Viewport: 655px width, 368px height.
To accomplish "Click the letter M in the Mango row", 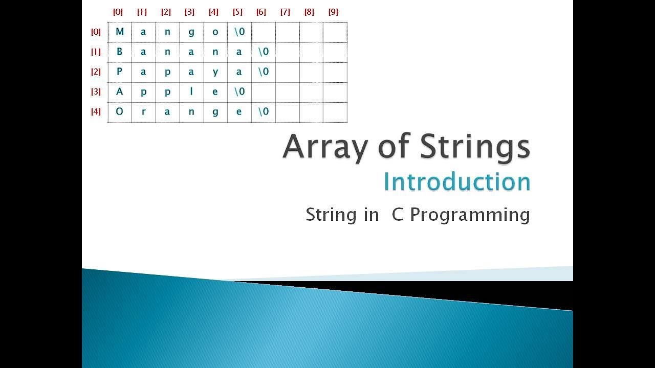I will (120, 32).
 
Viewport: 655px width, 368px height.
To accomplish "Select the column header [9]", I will (333, 12).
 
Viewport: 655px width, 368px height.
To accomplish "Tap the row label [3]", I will (96, 92).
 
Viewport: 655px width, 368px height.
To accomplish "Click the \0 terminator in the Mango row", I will (239, 32).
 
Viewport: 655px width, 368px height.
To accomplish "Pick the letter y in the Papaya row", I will (215, 72).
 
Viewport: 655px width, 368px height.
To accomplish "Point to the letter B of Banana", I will (120, 52).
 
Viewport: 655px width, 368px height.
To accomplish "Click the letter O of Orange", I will (120, 112).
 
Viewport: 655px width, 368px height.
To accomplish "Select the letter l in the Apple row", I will (191, 92).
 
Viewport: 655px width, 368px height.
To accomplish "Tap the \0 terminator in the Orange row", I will (263, 112).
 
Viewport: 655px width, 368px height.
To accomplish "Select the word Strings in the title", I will (474, 147).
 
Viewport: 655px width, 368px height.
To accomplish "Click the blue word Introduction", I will (456, 182).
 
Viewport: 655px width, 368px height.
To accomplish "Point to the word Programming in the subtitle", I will (470, 215).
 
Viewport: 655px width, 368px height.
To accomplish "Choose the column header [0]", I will (118, 12).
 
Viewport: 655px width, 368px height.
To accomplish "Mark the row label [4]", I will (96, 112).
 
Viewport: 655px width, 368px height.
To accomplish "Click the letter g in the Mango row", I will (191, 32).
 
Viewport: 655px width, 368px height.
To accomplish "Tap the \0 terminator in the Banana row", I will (263, 52).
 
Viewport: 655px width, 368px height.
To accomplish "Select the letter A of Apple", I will (120, 92).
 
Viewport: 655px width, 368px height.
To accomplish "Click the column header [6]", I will (261, 12).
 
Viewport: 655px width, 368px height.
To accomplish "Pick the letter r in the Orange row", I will (144, 112).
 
